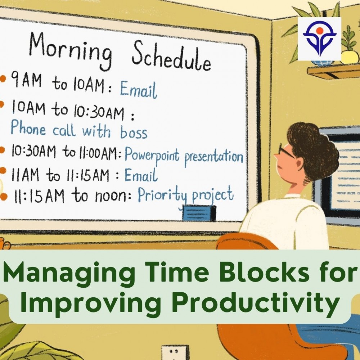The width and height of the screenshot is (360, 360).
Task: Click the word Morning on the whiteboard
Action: [x=71, y=51]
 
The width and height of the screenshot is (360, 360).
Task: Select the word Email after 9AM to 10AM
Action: [x=139, y=90]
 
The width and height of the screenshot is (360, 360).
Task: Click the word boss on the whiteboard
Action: [x=134, y=131]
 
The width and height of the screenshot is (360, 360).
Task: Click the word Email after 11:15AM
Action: [x=141, y=175]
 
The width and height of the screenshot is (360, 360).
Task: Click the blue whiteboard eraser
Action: [x=199, y=213]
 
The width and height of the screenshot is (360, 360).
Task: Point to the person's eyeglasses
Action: [x=285, y=150]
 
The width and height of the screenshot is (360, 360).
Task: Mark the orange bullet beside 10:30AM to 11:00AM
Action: [x=2, y=150]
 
